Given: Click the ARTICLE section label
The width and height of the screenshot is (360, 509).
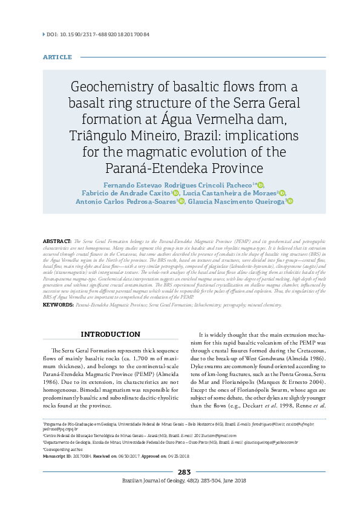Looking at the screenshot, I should (x=57, y=57).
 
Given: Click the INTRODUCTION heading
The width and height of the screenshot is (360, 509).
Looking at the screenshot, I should (x=110, y=334).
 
